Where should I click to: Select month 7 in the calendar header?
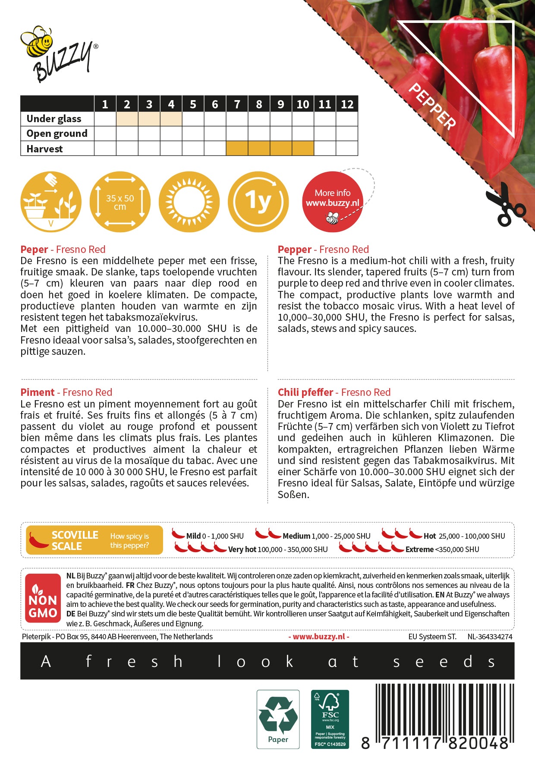point(237,104)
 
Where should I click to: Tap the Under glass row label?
point(54,119)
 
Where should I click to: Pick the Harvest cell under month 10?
point(303,148)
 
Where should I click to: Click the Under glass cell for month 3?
point(149,119)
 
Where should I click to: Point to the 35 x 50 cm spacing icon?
point(120,202)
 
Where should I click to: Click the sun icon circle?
point(189,202)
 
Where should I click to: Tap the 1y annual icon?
point(258,202)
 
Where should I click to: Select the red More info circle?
point(332,202)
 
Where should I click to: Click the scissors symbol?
point(505,205)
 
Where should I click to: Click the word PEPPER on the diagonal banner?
point(432,106)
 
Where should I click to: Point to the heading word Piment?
point(38,392)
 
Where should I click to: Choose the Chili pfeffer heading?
point(305,392)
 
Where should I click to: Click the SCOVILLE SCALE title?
point(74,540)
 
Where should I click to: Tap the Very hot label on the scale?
point(242,550)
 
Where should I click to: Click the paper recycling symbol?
point(278,719)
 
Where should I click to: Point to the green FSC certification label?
point(330,719)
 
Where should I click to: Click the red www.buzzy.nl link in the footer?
point(319,637)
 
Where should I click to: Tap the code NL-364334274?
point(490,637)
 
